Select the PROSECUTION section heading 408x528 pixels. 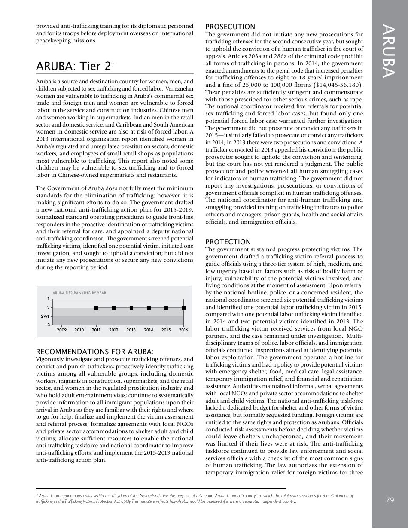[230, 27]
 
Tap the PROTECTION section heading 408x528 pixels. [228, 242]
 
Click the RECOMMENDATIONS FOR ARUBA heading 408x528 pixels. [94, 352]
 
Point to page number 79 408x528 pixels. [390, 499]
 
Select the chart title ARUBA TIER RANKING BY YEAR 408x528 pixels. [79, 293]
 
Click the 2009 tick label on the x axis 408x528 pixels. [61, 330]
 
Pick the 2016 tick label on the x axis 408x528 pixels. [183, 330]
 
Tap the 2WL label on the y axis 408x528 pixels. [46, 316]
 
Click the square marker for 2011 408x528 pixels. [96, 307]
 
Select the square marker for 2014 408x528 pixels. [149, 307]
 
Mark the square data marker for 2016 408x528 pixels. [183, 307]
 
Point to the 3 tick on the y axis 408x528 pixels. [49, 325]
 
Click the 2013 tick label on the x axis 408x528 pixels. [131, 330]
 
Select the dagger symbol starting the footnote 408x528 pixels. [37, 495]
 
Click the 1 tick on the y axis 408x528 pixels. [49, 299]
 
